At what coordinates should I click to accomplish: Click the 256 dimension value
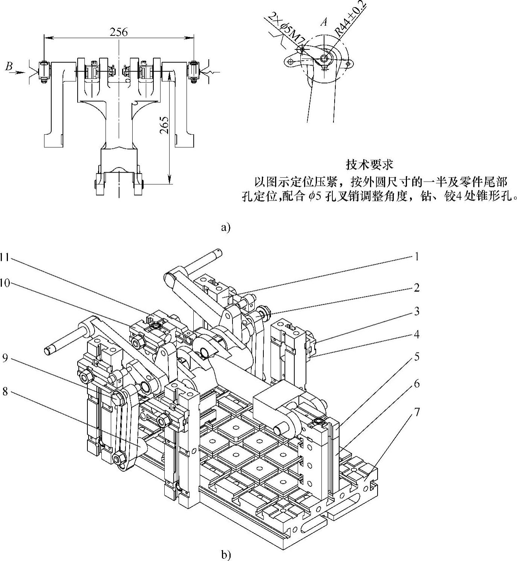[119, 32]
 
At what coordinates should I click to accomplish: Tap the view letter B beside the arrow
[9, 67]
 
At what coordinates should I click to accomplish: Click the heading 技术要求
[369, 165]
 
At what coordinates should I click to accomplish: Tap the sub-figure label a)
[225, 227]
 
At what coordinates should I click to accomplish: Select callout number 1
[416, 257]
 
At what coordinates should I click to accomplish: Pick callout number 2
[416, 288]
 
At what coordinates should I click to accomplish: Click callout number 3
[416, 312]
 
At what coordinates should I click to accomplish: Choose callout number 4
[416, 334]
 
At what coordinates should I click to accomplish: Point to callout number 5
[416, 357]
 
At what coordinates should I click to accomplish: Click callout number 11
[5, 258]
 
